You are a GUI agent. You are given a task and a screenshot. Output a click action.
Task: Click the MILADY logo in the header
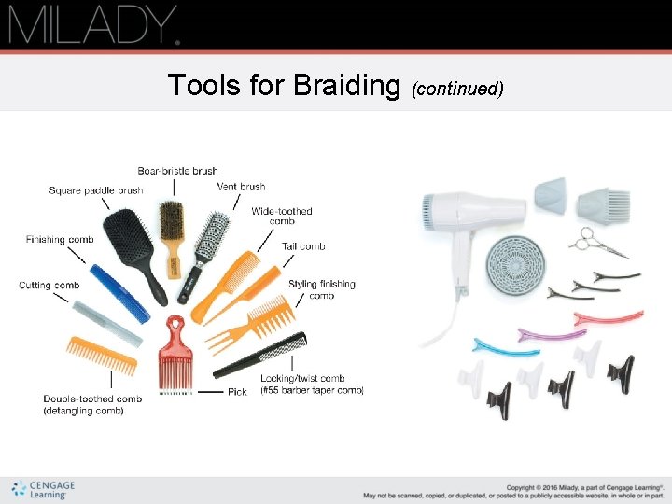93,24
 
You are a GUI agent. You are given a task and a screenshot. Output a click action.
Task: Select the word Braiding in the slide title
345,86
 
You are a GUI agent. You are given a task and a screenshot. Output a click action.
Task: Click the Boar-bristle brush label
177,171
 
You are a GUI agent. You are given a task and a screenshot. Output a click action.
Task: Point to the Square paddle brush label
96,190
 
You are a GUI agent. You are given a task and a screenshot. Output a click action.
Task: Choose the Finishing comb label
60,240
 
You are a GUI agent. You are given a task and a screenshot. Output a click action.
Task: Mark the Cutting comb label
49,285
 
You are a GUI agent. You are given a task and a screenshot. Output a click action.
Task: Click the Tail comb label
303,246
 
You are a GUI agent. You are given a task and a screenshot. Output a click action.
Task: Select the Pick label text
237,392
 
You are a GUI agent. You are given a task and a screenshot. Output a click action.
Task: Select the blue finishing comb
118,295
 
